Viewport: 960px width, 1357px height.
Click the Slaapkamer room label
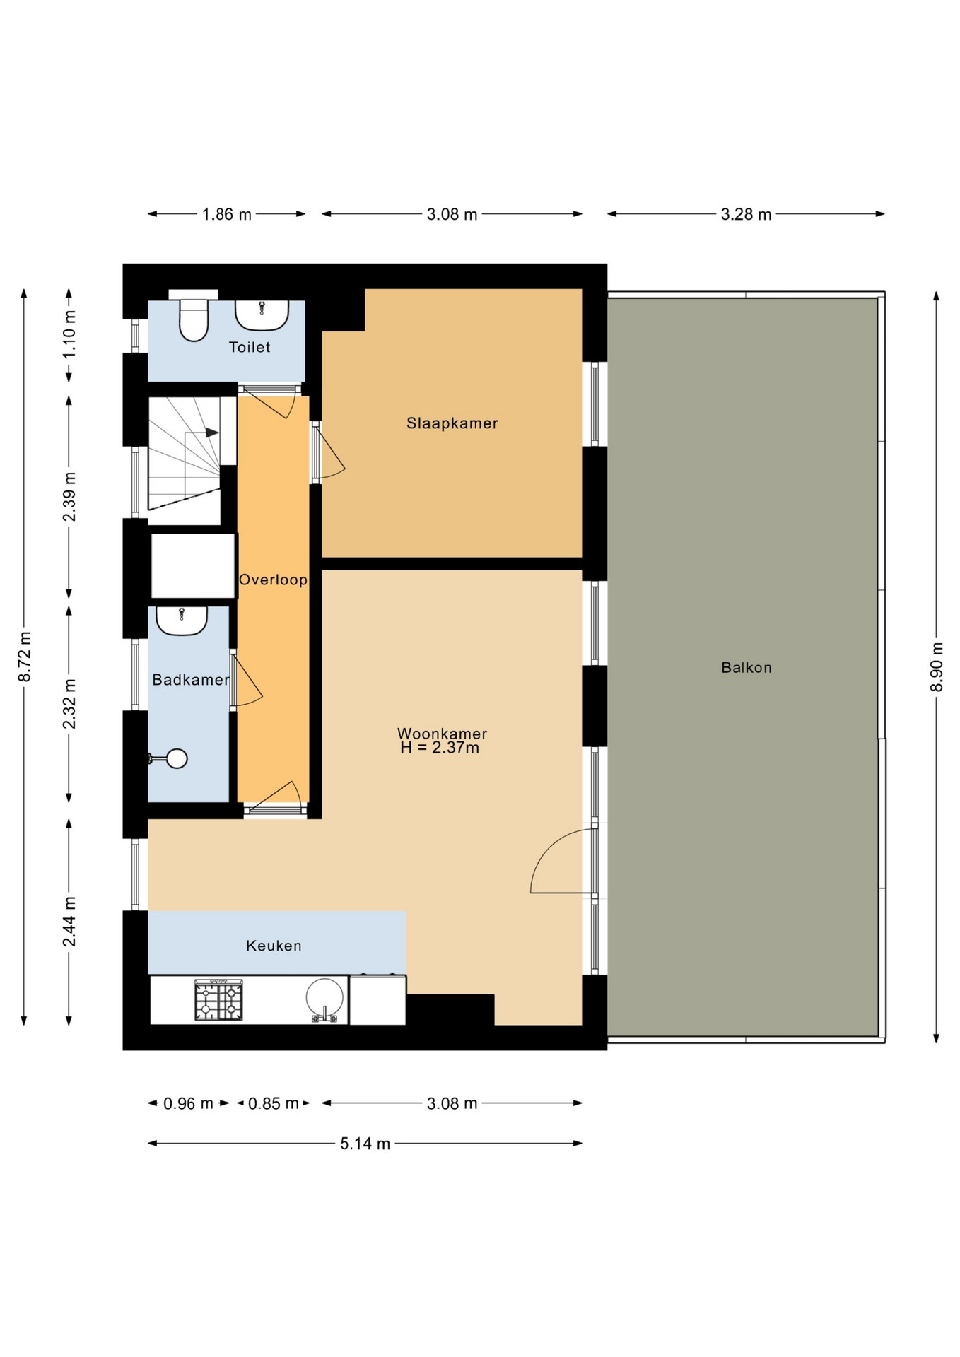[x=452, y=423]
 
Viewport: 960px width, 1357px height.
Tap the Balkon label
[x=746, y=667]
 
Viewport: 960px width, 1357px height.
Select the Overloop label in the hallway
[x=273, y=580]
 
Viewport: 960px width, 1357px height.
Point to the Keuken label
[x=274, y=946]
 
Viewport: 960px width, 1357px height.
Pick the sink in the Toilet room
[x=262, y=315]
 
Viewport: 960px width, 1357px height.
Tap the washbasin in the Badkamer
[x=182, y=621]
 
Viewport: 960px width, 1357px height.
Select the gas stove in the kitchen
[x=218, y=1000]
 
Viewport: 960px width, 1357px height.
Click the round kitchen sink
[x=324, y=999]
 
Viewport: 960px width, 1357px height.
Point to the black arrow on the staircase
[x=212, y=433]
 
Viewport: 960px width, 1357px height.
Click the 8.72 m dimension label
[x=25, y=657]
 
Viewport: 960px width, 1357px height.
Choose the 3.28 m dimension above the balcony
[x=746, y=214]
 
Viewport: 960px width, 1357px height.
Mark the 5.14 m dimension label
[x=365, y=1144]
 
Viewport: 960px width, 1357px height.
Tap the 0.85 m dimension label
[x=273, y=1103]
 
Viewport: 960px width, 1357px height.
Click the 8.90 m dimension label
[x=937, y=667]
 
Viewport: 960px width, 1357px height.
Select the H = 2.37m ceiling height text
[x=440, y=748]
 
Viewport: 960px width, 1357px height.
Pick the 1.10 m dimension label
[x=69, y=334]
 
